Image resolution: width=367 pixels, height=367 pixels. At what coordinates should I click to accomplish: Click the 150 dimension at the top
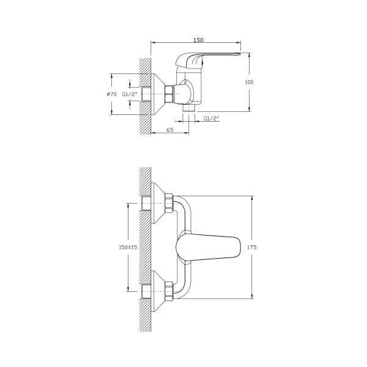(198, 40)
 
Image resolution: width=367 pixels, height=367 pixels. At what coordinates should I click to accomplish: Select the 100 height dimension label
(249, 82)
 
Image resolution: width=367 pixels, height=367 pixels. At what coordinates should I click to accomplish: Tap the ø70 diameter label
(111, 94)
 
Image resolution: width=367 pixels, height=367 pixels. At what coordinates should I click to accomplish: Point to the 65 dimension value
(170, 130)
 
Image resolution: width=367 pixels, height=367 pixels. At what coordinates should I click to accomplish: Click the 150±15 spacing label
(128, 247)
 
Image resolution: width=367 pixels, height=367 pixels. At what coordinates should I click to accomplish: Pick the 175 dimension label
(252, 247)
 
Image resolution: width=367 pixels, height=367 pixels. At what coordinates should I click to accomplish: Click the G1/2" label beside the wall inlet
(130, 94)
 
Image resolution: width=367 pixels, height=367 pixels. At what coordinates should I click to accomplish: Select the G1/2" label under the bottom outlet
(211, 119)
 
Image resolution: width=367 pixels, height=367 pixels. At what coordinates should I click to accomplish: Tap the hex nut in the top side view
(169, 94)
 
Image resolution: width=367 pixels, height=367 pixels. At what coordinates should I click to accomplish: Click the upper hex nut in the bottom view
(169, 203)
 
